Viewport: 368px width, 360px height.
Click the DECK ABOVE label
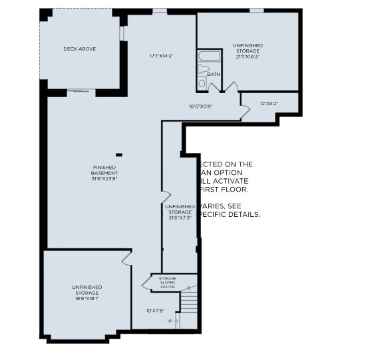tap(80, 49)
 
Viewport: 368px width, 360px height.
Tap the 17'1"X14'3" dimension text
tap(161, 56)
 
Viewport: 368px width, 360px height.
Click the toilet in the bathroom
tap(204, 69)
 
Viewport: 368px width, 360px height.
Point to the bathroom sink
tap(202, 83)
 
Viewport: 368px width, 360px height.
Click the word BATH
tap(213, 75)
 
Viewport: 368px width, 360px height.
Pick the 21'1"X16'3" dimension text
tap(247, 57)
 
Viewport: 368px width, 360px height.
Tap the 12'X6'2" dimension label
tap(269, 103)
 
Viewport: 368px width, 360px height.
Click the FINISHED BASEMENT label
tap(105, 170)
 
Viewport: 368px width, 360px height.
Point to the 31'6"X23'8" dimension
tap(105, 178)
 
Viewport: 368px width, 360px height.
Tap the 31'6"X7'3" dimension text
tap(180, 218)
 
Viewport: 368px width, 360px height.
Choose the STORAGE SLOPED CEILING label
tap(166, 281)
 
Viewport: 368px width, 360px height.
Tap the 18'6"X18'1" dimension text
tap(85, 299)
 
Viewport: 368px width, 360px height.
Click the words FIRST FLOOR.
tap(222, 189)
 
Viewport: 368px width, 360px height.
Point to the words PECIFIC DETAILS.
tap(228, 215)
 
